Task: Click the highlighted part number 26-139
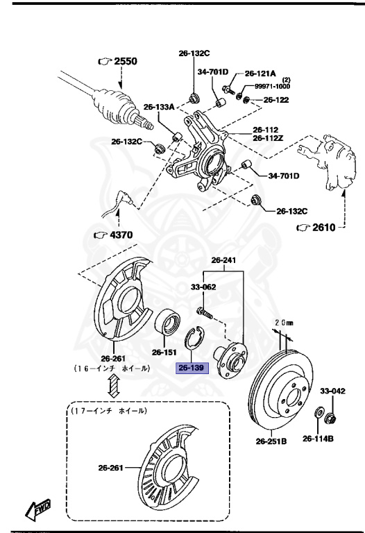pyautogui.click(x=190, y=368)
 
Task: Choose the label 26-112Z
pyautogui.click(x=267, y=138)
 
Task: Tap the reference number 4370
pyautogui.click(x=118, y=235)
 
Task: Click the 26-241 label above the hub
pyautogui.click(x=224, y=260)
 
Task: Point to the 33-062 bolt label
pyautogui.click(x=203, y=286)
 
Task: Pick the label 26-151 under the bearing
pyautogui.click(x=165, y=352)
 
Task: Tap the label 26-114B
pyautogui.click(x=318, y=439)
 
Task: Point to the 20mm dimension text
pyautogui.click(x=284, y=323)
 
